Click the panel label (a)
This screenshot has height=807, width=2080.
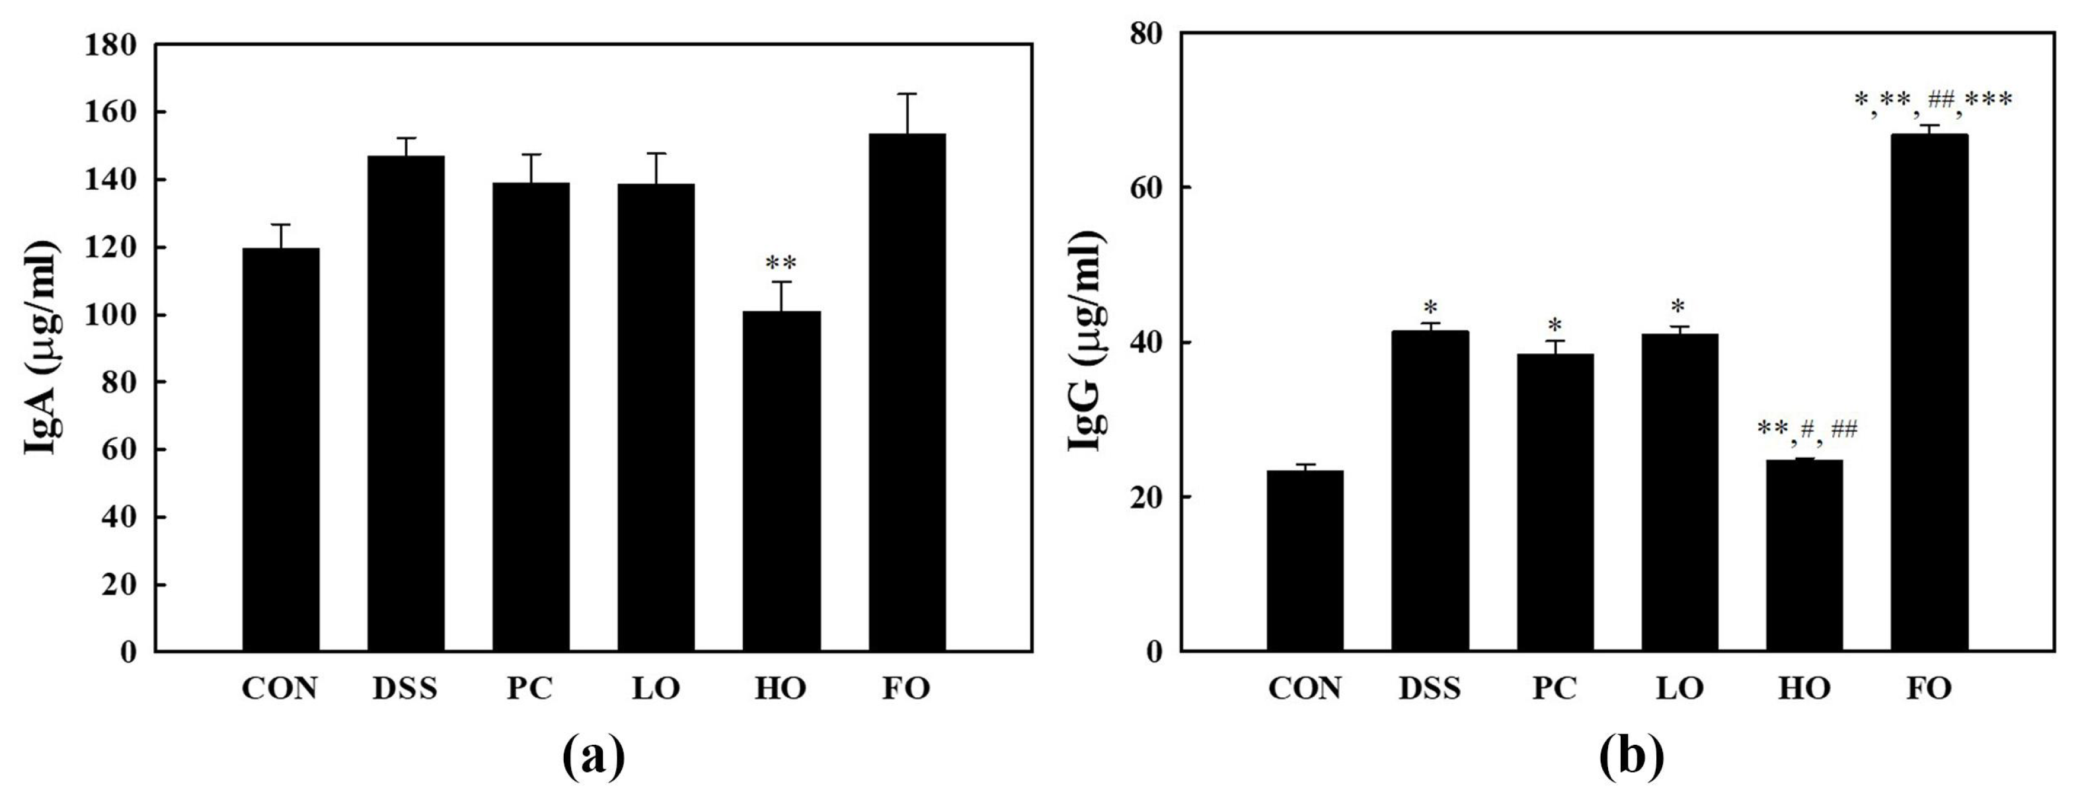click(594, 755)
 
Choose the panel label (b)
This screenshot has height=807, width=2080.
click(1631, 755)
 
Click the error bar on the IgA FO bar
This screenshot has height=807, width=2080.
click(907, 113)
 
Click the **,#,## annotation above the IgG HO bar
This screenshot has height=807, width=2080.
click(1807, 429)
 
